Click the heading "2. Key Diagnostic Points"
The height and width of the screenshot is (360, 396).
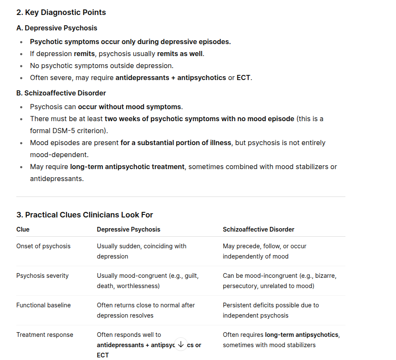point(61,12)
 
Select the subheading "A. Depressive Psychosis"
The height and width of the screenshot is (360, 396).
point(57,28)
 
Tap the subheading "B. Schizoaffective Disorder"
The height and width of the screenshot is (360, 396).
point(61,93)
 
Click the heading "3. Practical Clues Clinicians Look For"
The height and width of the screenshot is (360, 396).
point(84,214)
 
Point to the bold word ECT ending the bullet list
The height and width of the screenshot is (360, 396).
point(243,78)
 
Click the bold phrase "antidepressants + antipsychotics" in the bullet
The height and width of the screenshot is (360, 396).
point(171,78)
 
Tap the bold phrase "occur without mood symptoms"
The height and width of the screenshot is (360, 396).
point(130,107)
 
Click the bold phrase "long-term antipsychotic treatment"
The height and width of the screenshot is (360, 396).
point(127,167)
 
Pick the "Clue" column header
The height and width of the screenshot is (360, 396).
point(23,229)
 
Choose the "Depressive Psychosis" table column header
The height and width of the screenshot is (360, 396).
point(128,229)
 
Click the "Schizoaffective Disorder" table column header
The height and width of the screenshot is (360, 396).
point(258,229)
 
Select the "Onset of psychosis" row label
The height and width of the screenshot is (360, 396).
point(43,246)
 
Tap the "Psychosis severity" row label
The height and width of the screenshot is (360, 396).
point(42,276)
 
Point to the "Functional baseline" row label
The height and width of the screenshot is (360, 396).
point(43,305)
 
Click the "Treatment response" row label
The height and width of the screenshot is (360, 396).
point(45,335)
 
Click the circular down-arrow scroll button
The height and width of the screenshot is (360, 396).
point(180,344)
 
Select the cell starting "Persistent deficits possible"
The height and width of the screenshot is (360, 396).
point(270,310)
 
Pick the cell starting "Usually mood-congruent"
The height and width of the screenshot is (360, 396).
point(147,280)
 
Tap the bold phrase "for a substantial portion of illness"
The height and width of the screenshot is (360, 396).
point(175,143)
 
